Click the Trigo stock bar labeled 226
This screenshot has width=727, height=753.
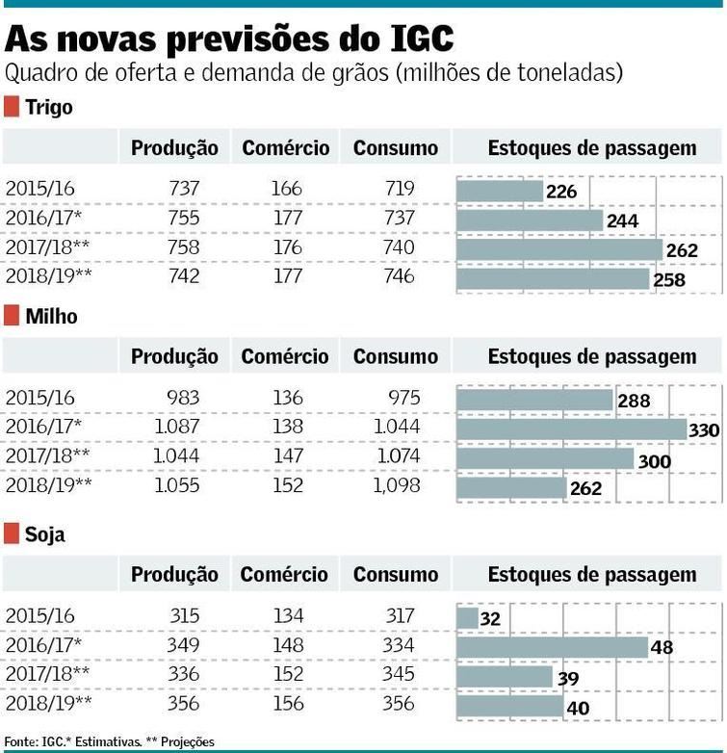[500, 191]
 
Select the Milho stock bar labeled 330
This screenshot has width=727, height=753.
[571, 428]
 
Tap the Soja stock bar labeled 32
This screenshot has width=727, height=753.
[467, 617]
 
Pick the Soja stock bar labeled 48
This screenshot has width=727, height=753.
[552, 647]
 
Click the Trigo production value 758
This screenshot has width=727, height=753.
[184, 247]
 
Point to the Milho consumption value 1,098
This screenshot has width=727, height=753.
[397, 485]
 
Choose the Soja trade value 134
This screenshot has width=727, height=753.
[286, 615]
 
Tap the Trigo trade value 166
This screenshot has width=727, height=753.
[286, 189]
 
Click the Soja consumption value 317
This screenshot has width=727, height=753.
[397, 615]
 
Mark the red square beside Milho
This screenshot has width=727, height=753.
[12, 316]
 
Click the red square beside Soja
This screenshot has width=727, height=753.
[12, 534]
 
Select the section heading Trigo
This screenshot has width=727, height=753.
[49, 107]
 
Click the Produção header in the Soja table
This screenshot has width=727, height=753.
[174, 575]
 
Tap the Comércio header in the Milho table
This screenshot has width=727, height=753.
[285, 357]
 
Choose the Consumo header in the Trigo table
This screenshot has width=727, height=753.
[395, 148]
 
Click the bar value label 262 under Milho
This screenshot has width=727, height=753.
[584, 488]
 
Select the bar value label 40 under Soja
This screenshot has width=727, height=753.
[578, 709]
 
